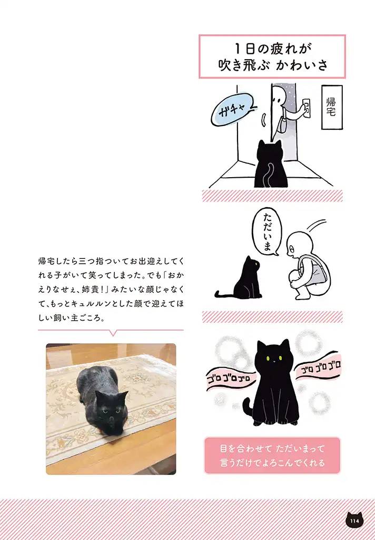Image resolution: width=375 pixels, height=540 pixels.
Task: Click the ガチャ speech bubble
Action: (232, 112)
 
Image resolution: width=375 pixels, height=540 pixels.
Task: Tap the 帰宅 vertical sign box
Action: (331, 107)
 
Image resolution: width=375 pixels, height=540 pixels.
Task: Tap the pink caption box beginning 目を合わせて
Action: (272, 455)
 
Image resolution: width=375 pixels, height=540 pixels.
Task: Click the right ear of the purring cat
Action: (285, 346)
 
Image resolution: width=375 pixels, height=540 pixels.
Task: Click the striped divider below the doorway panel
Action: (272, 196)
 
